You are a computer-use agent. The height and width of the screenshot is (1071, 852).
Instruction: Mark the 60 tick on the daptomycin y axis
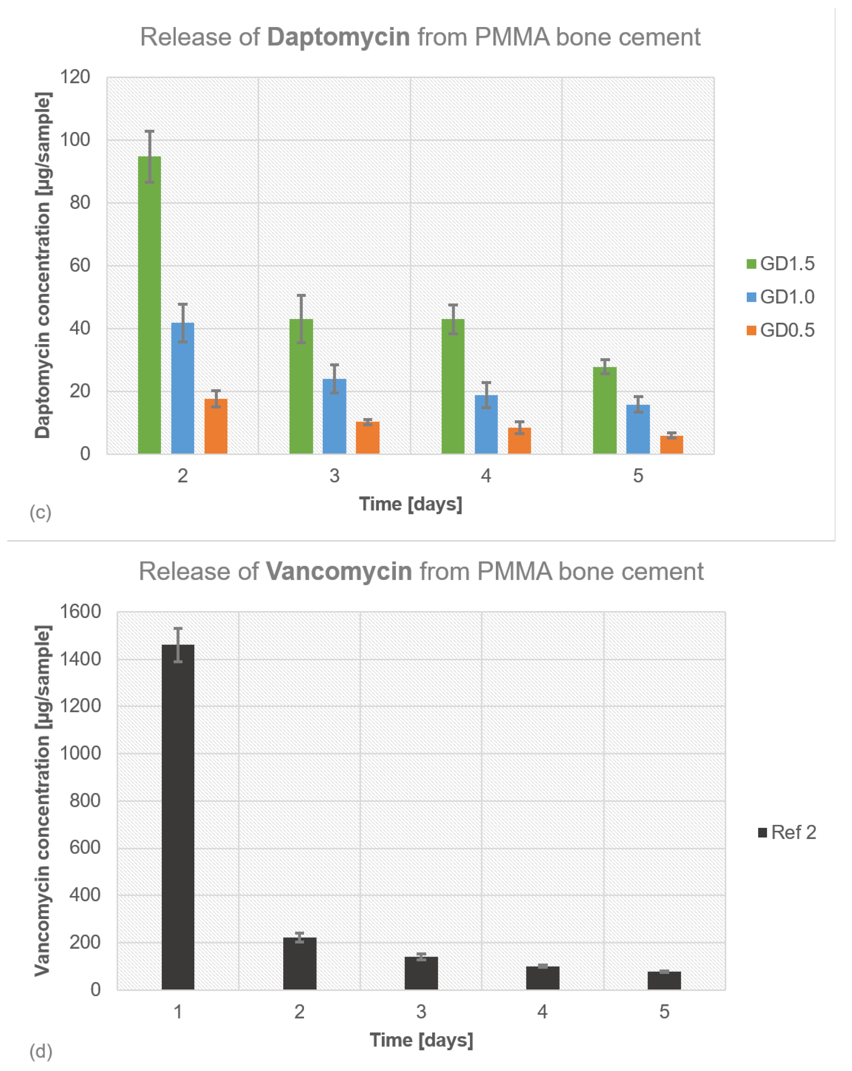click(79, 265)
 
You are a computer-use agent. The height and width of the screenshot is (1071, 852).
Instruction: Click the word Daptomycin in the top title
click(338, 37)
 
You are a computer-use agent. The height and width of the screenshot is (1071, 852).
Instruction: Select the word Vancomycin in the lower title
click(339, 571)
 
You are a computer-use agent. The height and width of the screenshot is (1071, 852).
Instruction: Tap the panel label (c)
click(40, 512)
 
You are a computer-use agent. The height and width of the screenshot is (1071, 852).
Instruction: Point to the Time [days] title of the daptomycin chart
click(411, 504)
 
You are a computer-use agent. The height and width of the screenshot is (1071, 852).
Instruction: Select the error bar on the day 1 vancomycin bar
click(178, 645)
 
